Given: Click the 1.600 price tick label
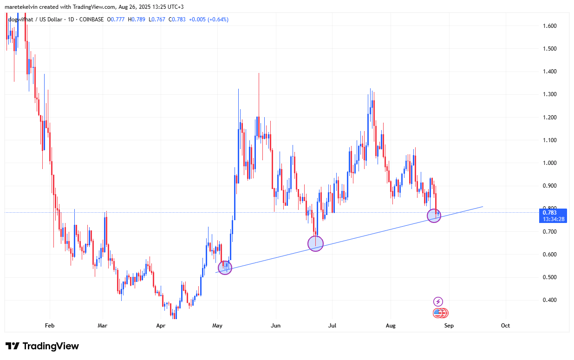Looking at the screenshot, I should tap(550, 26).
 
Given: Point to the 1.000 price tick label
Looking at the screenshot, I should tap(550, 163).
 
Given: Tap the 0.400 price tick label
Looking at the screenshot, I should tap(550, 300).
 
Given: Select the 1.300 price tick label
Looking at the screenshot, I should tap(550, 94).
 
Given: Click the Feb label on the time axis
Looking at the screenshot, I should tap(50, 326).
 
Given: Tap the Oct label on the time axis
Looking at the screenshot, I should tap(505, 326).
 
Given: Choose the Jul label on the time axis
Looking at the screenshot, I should tap(333, 326).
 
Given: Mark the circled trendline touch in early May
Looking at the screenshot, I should tap(225, 268).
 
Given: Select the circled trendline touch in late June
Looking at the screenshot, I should tap(315, 243).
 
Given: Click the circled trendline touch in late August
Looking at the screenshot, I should tap(434, 215).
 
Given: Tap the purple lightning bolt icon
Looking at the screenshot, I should tap(438, 302).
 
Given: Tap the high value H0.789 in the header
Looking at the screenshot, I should tap(138, 20).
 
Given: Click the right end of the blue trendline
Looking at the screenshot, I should tap(483, 206).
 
